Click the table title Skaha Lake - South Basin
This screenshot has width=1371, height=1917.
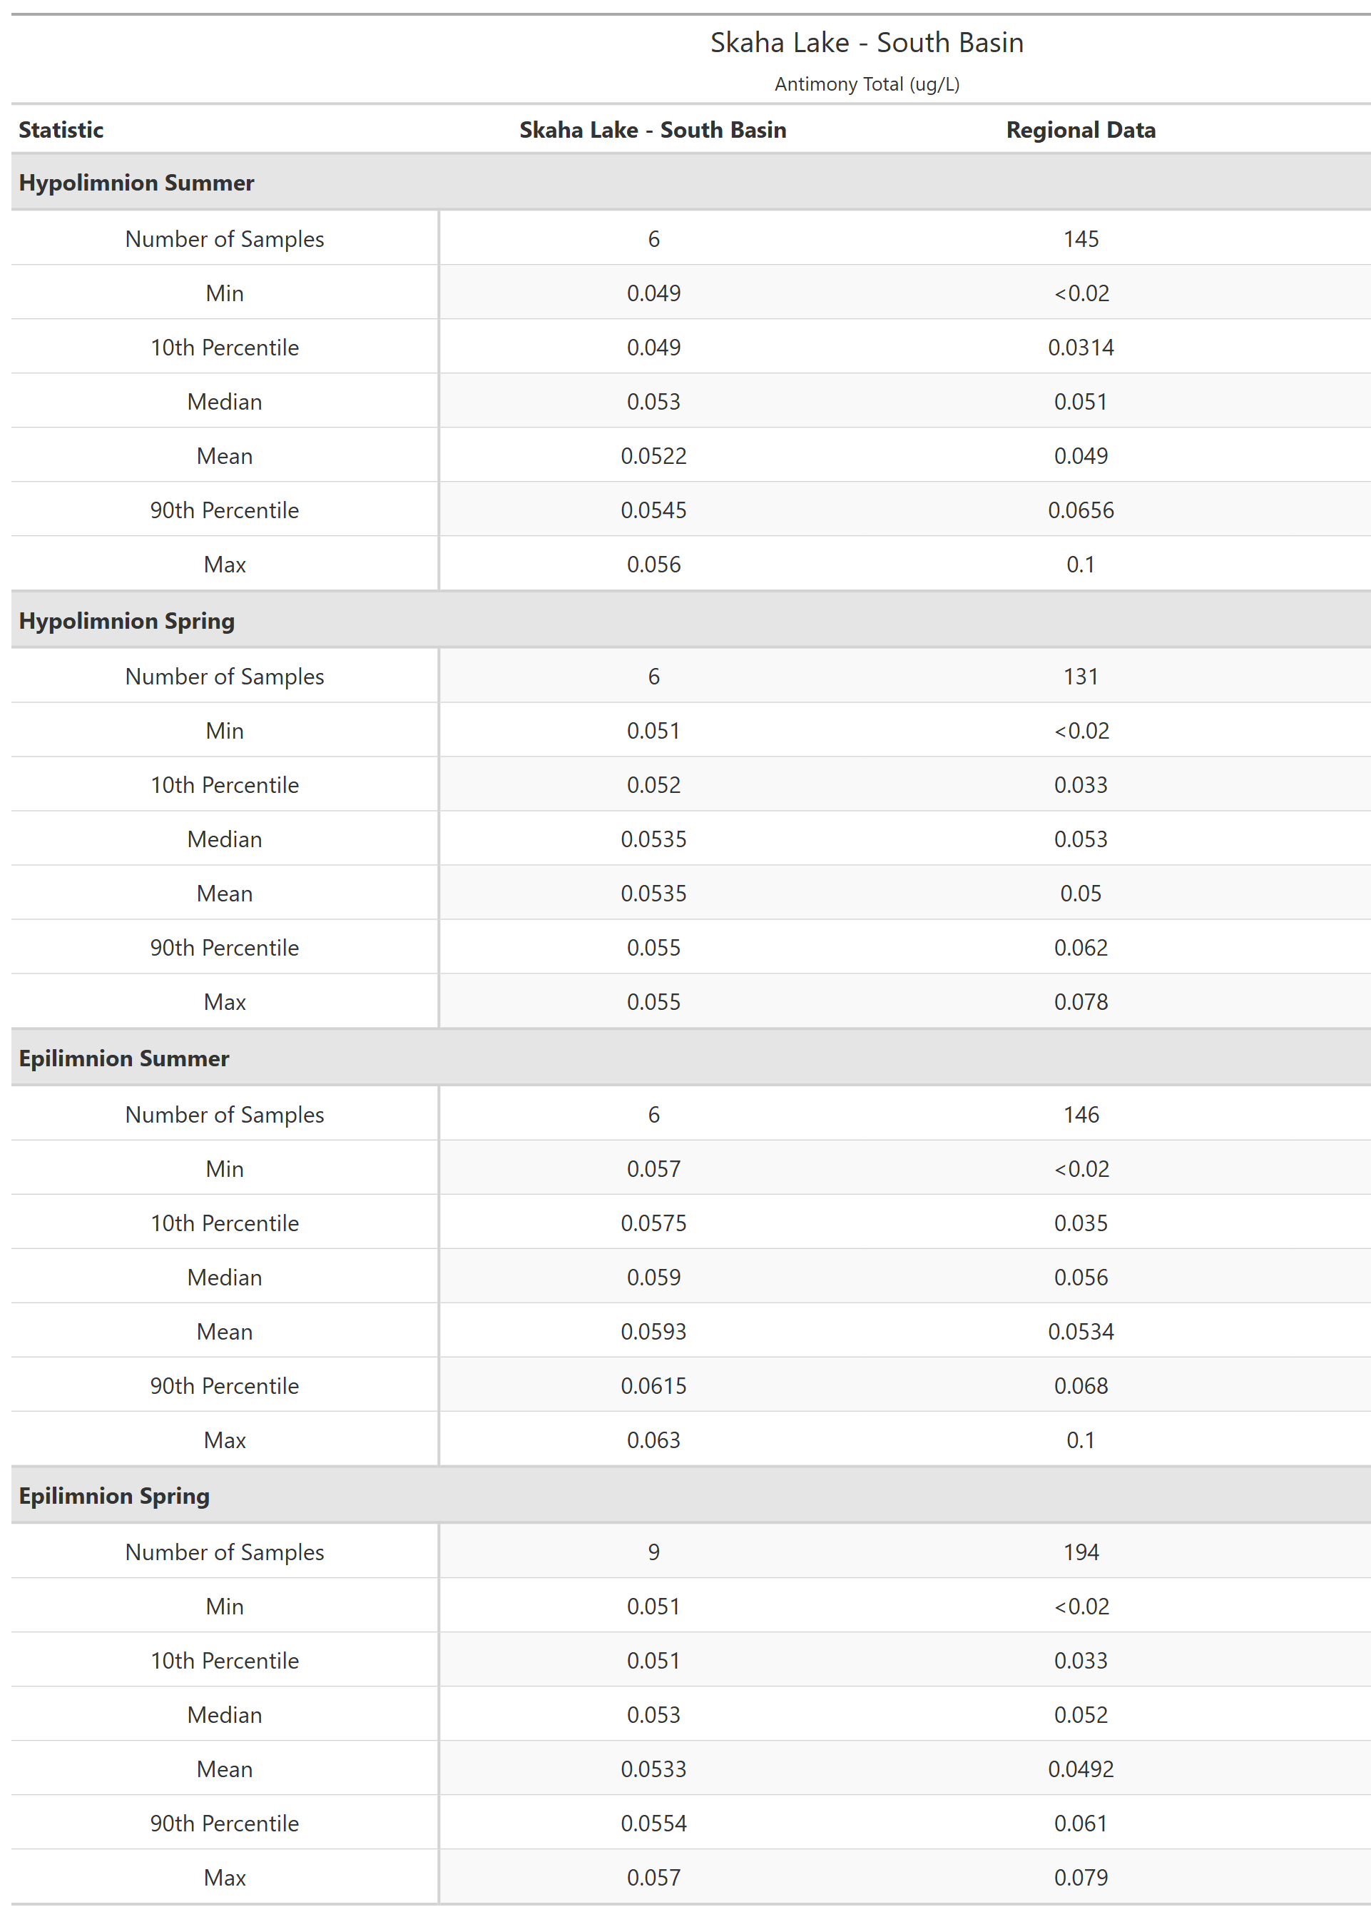866,42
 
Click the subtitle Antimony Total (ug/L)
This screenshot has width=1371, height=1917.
866,84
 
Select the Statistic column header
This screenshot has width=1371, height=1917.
61,130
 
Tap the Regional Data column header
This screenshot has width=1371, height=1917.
1080,130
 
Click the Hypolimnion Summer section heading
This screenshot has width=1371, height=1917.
136,183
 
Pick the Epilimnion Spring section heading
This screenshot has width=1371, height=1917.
114,1496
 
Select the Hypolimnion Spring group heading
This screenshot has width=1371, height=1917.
127,621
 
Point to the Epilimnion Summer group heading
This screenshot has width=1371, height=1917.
123,1058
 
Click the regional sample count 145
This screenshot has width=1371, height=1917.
1081,239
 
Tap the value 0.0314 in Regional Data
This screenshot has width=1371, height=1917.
1081,348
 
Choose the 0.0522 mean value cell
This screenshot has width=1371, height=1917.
653,456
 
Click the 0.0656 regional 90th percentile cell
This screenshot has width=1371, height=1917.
1081,510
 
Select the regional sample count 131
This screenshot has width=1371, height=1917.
1081,677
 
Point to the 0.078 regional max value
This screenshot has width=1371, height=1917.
1081,1003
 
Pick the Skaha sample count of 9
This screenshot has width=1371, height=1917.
653,1552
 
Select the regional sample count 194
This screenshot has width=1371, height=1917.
1081,1552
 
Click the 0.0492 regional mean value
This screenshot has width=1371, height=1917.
1081,1769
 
